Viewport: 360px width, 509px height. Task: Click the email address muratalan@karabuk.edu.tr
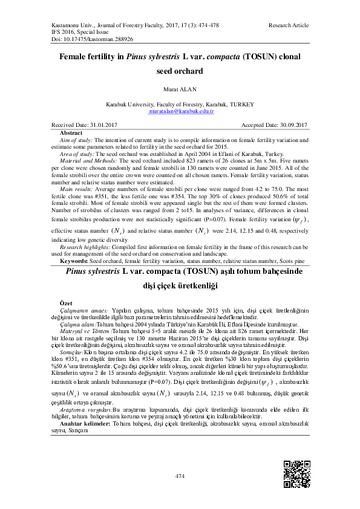(x=180, y=112)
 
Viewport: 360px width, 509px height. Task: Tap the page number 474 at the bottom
(x=180, y=477)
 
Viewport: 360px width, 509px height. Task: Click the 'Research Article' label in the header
(x=289, y=25)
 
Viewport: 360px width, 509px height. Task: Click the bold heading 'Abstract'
(x=71, y=132)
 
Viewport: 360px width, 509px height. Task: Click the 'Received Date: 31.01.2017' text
(x=84, y=125)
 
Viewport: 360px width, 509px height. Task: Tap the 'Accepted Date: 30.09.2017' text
(x=275, y=125)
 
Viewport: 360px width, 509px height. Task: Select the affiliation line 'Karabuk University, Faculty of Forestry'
(x=180, y=105)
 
